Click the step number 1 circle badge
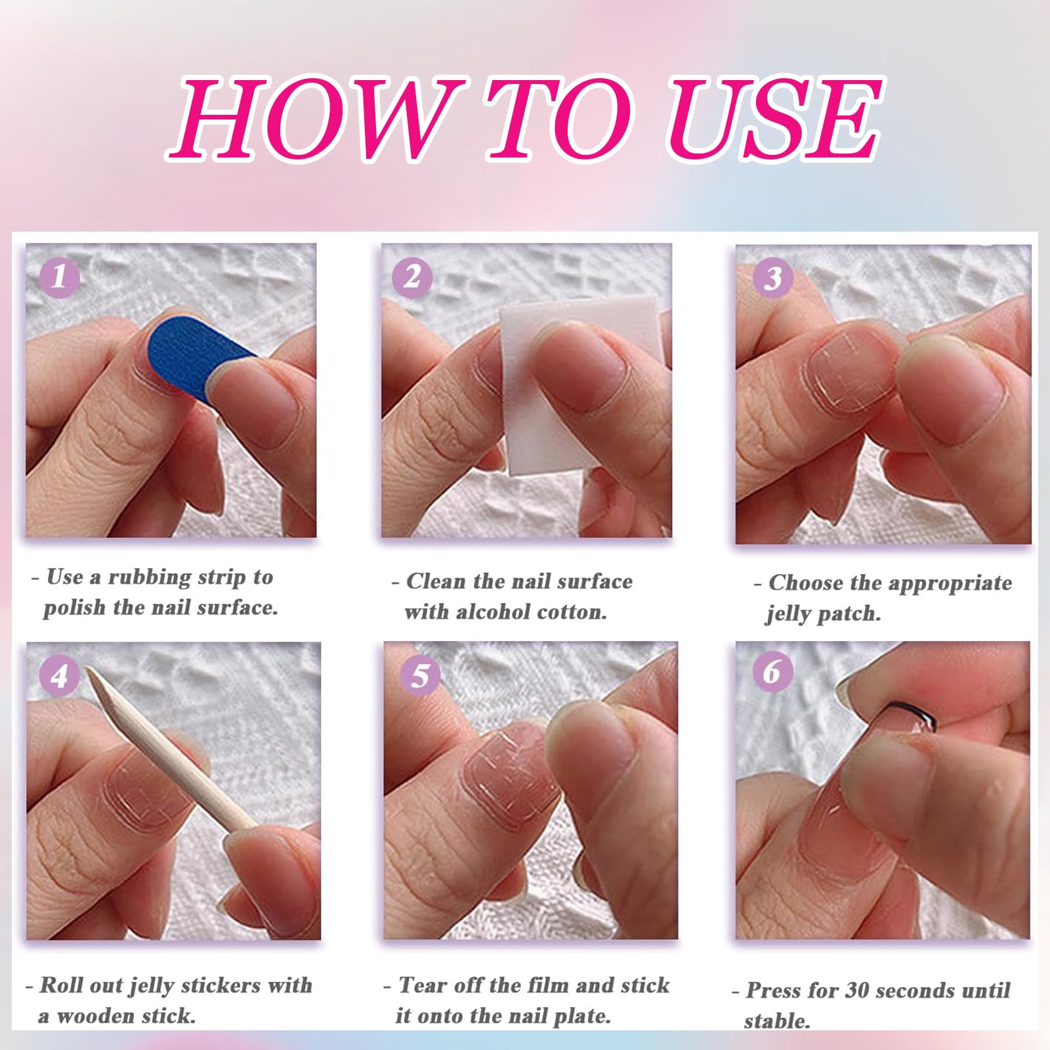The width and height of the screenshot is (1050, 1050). tap(60, 276)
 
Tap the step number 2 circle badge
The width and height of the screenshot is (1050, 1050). tap(412, 276)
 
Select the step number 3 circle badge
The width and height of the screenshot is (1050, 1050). tap(772, 278)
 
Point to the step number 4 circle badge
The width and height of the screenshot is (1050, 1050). tap(59, 675)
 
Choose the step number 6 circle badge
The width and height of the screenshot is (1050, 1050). tap(772, 671)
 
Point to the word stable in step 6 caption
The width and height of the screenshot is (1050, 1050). tap(776, 1021)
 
